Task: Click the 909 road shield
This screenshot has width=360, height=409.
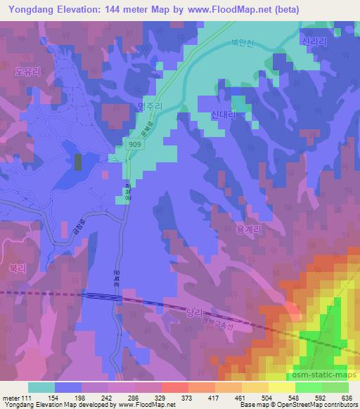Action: [136, 143]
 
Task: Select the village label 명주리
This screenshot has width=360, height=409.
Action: [150, 107]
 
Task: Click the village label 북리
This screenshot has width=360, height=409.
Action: [17, 268]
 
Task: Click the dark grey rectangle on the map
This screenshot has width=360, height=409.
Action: [77, 162]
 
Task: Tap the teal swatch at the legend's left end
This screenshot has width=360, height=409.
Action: [41, 387]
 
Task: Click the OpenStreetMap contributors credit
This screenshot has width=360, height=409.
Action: [320, 405]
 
